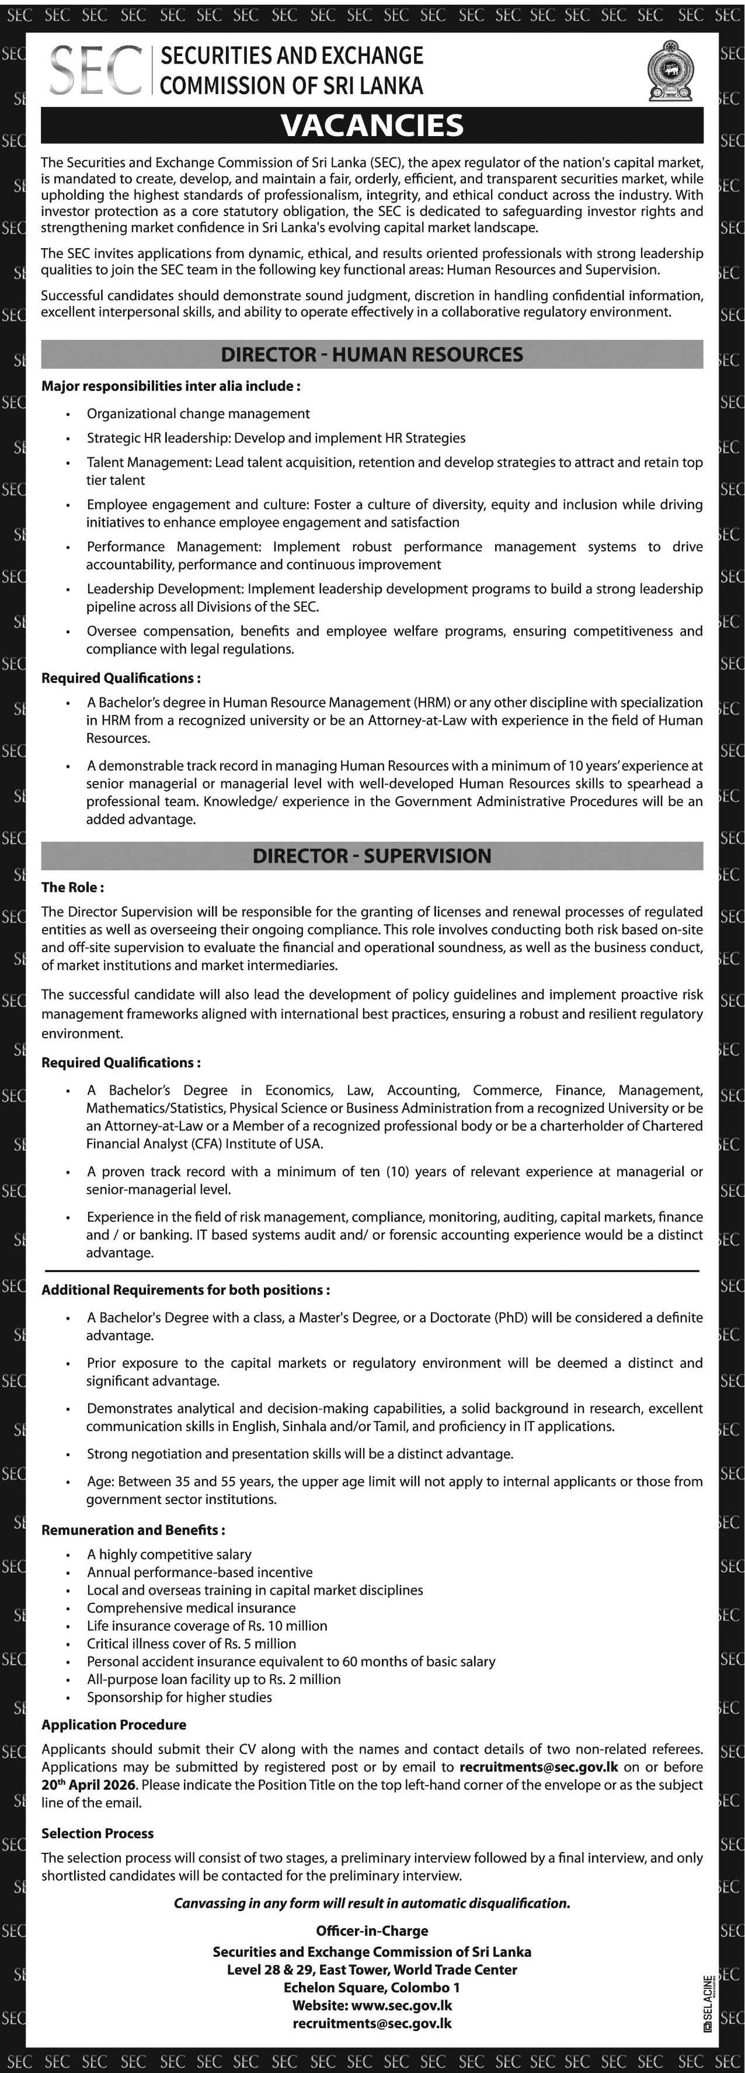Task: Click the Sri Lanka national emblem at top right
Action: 670,71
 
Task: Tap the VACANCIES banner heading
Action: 372,126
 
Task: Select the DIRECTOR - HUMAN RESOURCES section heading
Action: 372,354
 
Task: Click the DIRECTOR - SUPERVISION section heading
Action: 372,856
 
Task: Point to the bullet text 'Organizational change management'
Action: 198,414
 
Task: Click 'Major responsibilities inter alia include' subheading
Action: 170,386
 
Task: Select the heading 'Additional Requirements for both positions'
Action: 185,1289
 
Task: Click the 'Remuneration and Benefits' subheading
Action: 133,1530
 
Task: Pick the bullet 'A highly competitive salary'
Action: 169,1554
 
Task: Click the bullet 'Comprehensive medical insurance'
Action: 191,1607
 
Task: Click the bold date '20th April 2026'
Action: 89,1784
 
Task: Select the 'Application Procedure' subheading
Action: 113,1724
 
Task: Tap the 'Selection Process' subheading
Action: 98,1832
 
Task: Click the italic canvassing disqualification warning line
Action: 372,1902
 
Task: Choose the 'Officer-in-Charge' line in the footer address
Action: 372,1930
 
